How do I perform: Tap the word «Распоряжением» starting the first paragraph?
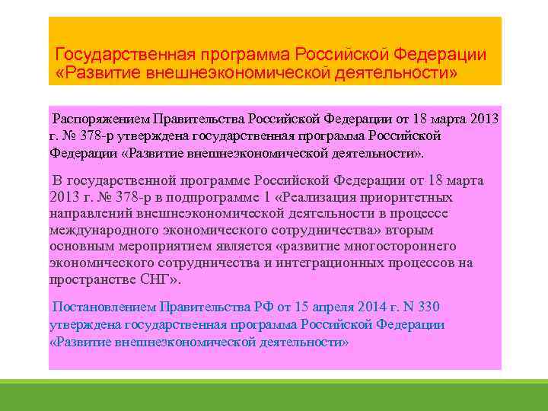pos(100,119)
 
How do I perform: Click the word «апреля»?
pos(320,307)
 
